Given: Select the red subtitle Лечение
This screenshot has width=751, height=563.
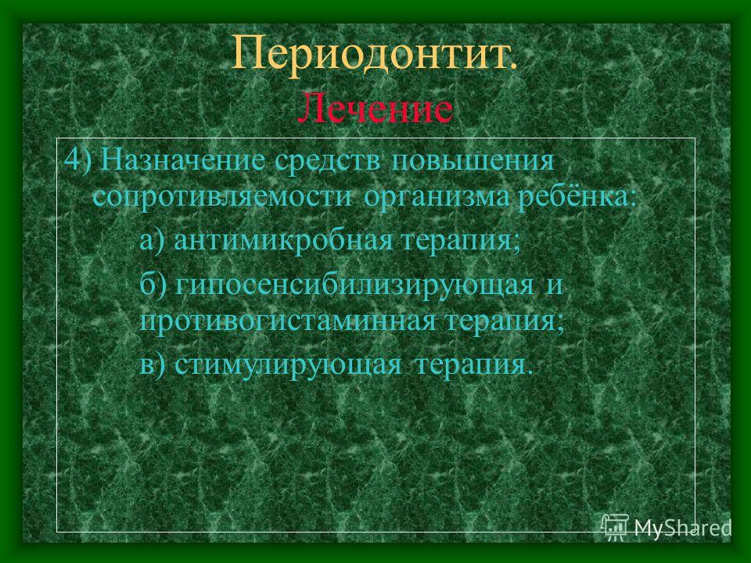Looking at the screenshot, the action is tap(375, 109).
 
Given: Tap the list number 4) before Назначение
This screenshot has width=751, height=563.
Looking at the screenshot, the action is tap(77, 160).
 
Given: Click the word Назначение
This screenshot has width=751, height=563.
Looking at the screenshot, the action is tap(184, 160).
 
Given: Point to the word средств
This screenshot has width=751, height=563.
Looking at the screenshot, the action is tap(329, 160).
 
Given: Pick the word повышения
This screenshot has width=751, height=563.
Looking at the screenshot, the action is tap(473, 160).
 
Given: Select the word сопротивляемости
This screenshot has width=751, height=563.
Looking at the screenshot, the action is tap(222, 197).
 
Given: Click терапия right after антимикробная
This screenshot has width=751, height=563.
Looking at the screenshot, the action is tap(461, 241).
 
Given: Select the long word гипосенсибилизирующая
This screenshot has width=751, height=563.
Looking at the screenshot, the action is tap(354, 285).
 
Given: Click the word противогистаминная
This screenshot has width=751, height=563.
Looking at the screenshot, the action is tap(288, 322).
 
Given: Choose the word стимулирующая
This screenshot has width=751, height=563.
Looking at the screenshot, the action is tap(288, 366).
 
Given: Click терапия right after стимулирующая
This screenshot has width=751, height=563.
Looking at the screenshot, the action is tap(474, 366).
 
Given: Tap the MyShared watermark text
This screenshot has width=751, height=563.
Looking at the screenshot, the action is tap(683, 528).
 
